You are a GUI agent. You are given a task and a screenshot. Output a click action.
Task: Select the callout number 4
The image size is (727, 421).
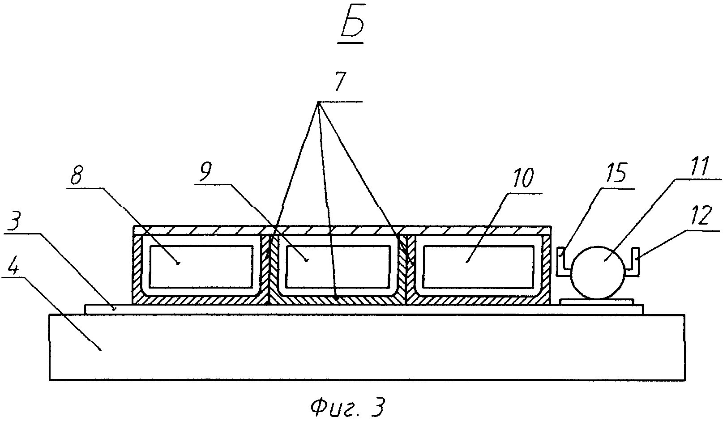pos(12,264)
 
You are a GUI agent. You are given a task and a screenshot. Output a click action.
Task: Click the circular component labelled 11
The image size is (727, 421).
pos(598,272)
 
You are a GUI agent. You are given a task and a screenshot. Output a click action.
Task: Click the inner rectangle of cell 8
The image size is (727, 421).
pos(200,266)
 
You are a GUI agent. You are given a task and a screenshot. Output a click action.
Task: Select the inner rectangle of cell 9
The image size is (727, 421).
pos(338,266)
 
